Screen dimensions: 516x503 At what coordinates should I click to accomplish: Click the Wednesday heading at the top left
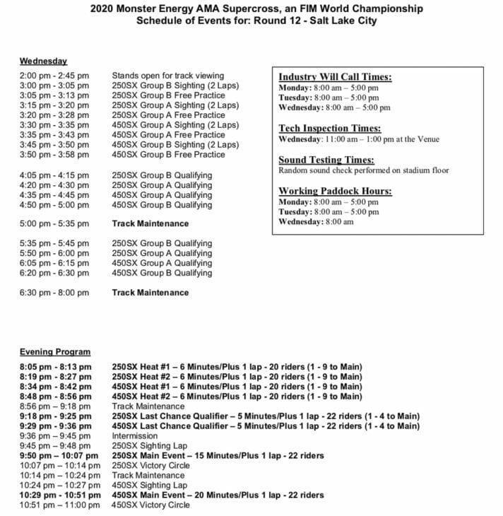(43, 61)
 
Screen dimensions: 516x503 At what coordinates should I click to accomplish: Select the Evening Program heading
(55, 352)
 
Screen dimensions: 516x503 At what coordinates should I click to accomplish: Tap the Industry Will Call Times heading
(335, 77)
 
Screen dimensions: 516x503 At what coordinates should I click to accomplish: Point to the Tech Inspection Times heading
(329, 129)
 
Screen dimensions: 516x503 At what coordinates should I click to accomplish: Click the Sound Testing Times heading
(326, 160)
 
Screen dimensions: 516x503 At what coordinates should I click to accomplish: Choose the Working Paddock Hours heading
(335, 192)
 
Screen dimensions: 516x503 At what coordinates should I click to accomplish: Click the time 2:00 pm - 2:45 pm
(54, 76)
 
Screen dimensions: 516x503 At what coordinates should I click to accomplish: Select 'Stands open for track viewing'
(167, 76)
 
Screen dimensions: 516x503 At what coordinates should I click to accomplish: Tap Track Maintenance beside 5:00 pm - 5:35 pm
(150, 223)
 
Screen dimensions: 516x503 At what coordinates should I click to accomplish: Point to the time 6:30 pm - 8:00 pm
(54, 293)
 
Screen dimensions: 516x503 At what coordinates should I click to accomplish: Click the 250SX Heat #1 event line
(237, 367)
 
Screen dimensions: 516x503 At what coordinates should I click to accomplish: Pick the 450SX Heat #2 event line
(237, 397)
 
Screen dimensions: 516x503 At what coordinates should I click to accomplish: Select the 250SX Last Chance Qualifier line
(266, 416)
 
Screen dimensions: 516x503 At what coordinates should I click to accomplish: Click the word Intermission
(135, 436)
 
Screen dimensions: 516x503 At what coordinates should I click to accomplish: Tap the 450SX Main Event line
(218, 496)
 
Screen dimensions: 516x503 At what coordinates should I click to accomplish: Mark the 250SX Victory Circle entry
(150, 466)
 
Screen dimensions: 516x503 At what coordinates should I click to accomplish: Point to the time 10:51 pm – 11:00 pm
(55, 505)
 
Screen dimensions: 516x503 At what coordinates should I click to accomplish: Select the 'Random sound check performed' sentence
(363, 170)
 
